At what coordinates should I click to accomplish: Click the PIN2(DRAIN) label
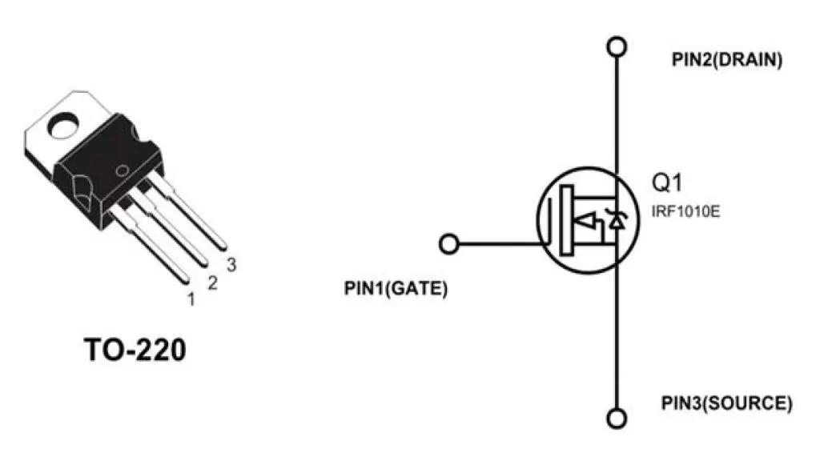tap(727, 59)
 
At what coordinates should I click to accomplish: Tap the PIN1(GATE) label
tap(396, 288)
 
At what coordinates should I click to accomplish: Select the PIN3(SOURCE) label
tap(727, 403)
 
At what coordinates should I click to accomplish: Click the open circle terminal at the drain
tap(617, 46)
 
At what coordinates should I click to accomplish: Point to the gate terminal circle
tap(448, 243)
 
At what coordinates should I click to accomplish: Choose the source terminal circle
tap(617, 418)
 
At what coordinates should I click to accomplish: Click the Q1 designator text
tap(667, 182)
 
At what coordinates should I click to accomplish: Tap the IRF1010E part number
tap(685, 211)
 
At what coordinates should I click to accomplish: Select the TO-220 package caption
tap(135, 350)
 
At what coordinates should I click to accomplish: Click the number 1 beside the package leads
tap(191, 299)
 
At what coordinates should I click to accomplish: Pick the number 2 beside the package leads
tap(212, 283)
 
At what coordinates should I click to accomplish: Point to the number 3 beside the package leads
tap(231, 265)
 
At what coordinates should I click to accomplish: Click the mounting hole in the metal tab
tap(63, 126)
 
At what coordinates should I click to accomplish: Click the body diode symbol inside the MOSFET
tap(617, 220)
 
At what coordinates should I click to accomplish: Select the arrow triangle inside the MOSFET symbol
tap(585, 221)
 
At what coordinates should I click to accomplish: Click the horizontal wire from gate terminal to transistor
tap(499, 243)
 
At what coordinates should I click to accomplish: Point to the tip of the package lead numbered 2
tap(203, 263)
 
